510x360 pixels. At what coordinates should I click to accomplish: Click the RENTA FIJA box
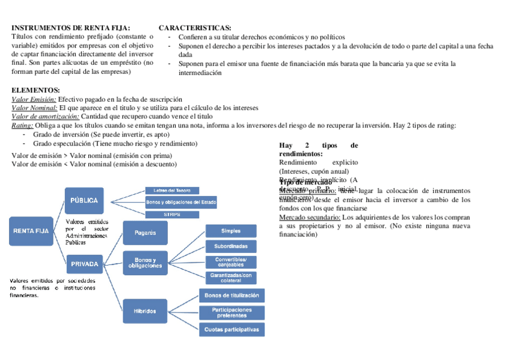(x=31, y=230)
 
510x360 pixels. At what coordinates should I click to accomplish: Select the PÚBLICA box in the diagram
(x=85, y=201)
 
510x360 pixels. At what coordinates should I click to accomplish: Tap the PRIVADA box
(x=85, y=263)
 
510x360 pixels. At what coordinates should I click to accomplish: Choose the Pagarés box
(x=145, y=233)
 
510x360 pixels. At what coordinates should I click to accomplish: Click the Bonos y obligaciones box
(x=145, y=263)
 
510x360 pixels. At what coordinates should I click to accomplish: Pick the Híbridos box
(x=145, y=311)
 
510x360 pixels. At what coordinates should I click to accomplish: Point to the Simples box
(x=231, y=231)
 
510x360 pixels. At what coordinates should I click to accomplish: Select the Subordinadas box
(x=231, y=246)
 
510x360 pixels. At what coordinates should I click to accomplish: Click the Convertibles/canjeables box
(x=231, y=262)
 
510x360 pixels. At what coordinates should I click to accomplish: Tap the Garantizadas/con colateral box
(x=231, y=278)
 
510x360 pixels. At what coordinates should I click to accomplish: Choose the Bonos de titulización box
(x=232, y=296)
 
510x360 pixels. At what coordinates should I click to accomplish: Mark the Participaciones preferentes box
(x=232, y=313)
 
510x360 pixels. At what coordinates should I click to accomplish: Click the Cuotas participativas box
(x=232, y=329)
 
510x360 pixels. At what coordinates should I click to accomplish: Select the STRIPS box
(x=172, y=214)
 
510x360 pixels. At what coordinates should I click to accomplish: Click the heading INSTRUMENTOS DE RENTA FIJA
(x=70, y=28)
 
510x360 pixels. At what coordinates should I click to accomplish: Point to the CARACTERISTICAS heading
(x=194, y=28)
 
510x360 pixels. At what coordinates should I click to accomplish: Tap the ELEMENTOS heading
(x=35, y=90)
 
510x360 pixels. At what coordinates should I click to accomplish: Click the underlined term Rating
(x=22, y=126)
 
